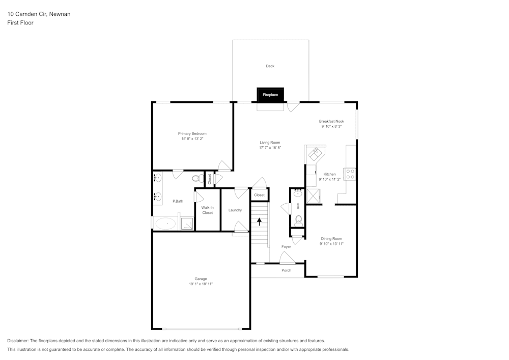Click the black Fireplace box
coord(270,95)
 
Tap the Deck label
coord(270,66)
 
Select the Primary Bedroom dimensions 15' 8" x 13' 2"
coord(192,139)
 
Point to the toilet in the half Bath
coord(299,220)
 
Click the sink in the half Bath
coord(298,193)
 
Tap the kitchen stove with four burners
coord(350,174)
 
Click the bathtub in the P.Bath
coord(165,224)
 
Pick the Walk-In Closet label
coord(207,210)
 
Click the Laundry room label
coord(235,210)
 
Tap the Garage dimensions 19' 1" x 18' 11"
coord(201,284)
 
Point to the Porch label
coord(287,270)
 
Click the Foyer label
coord(286,247)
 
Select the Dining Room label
coord(331,238)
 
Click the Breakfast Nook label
coord(331,121)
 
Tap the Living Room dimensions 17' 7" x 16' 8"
coord(270,148)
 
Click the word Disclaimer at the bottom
coord(18,341)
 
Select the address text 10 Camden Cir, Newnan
coord(39,14)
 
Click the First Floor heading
coord(20,23)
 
